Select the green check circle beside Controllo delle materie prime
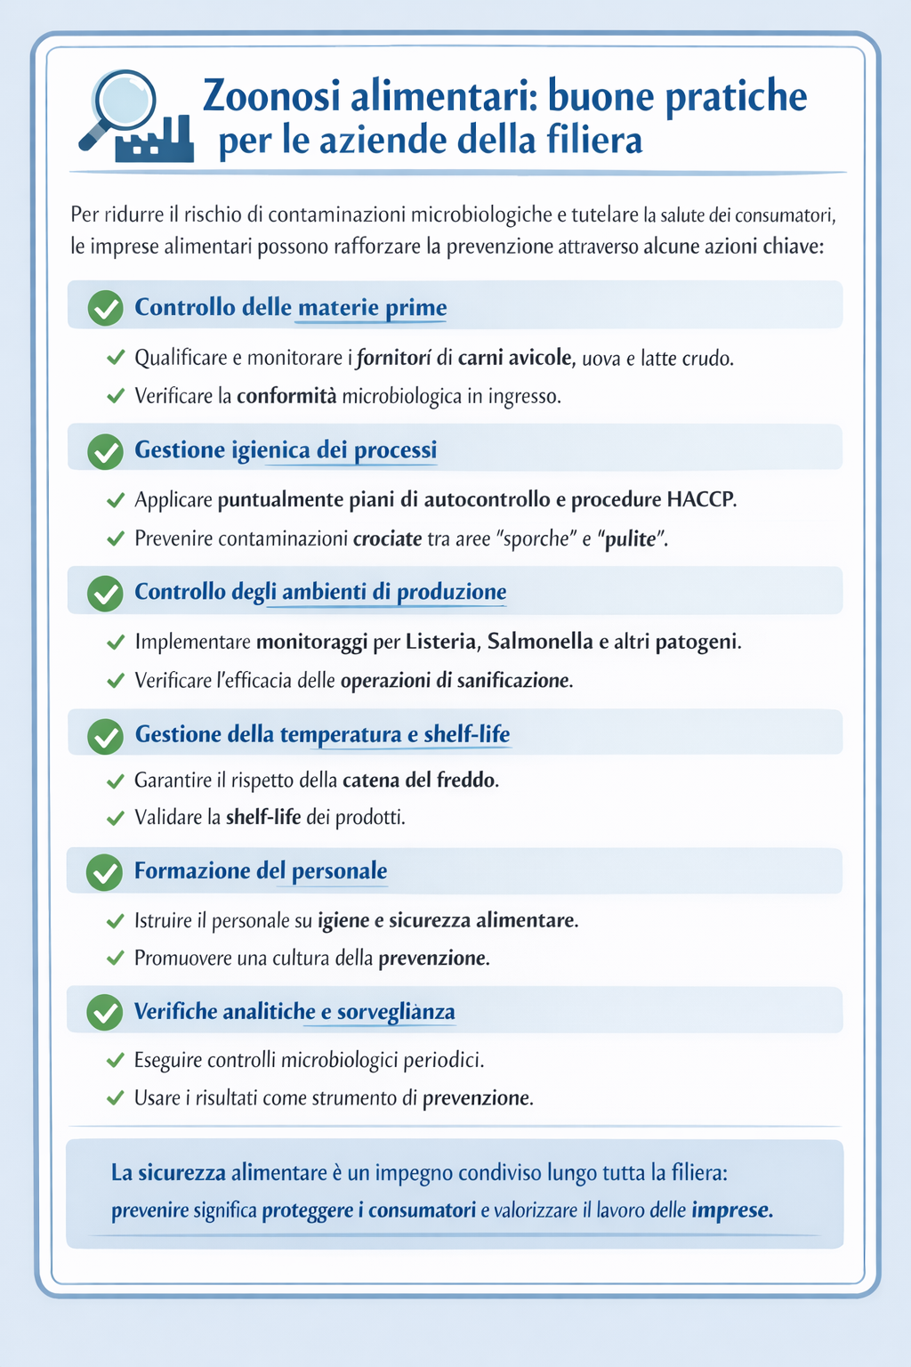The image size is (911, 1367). click(106, 308)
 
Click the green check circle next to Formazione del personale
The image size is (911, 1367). click(105, 871)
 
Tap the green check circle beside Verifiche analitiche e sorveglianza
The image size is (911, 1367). click(105, 1012)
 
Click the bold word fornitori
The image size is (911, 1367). click(394, 358)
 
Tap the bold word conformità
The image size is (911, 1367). click(286, 396)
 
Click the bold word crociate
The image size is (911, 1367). click(387, 538)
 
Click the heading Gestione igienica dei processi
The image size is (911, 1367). click(286, 449)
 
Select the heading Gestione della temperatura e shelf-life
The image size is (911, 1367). click(322, 734)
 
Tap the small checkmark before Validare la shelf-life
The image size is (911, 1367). click(115, 817)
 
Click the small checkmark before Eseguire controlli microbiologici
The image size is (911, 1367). click(115, 1060)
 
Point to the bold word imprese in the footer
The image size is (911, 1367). click(731, 1210)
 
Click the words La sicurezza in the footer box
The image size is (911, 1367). click(168, 1173)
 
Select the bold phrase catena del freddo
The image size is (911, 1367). click(419, 781)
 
